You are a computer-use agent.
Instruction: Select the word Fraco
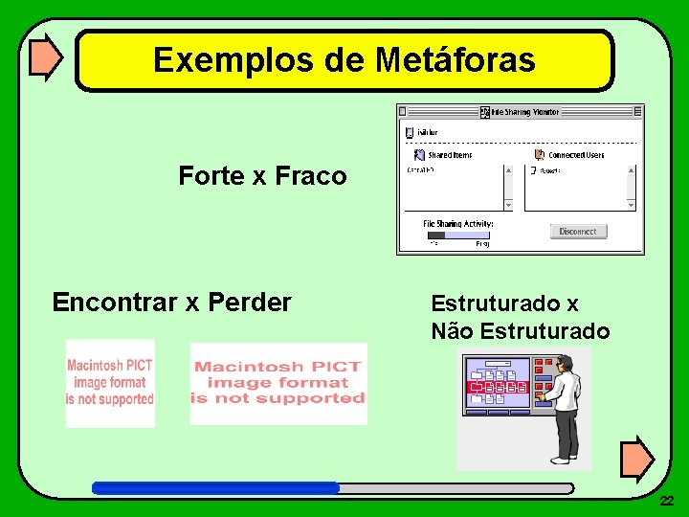(311, 176)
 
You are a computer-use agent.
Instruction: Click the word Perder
(249, 303)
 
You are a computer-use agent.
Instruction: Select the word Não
(452, 331)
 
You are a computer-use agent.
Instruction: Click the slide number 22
(667, 501)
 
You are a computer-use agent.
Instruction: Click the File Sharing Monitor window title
(525, 112)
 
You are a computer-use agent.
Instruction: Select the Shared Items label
(449, 155)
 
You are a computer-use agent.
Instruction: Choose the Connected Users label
(576, 155)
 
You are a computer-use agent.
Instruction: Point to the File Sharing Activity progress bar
(458, 235)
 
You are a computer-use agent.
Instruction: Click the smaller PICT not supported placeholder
(110, 383)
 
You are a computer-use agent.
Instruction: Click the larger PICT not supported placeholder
(278, 383)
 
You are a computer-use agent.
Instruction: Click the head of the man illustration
(565, 362)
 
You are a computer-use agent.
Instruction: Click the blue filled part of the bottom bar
(215, 487)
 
